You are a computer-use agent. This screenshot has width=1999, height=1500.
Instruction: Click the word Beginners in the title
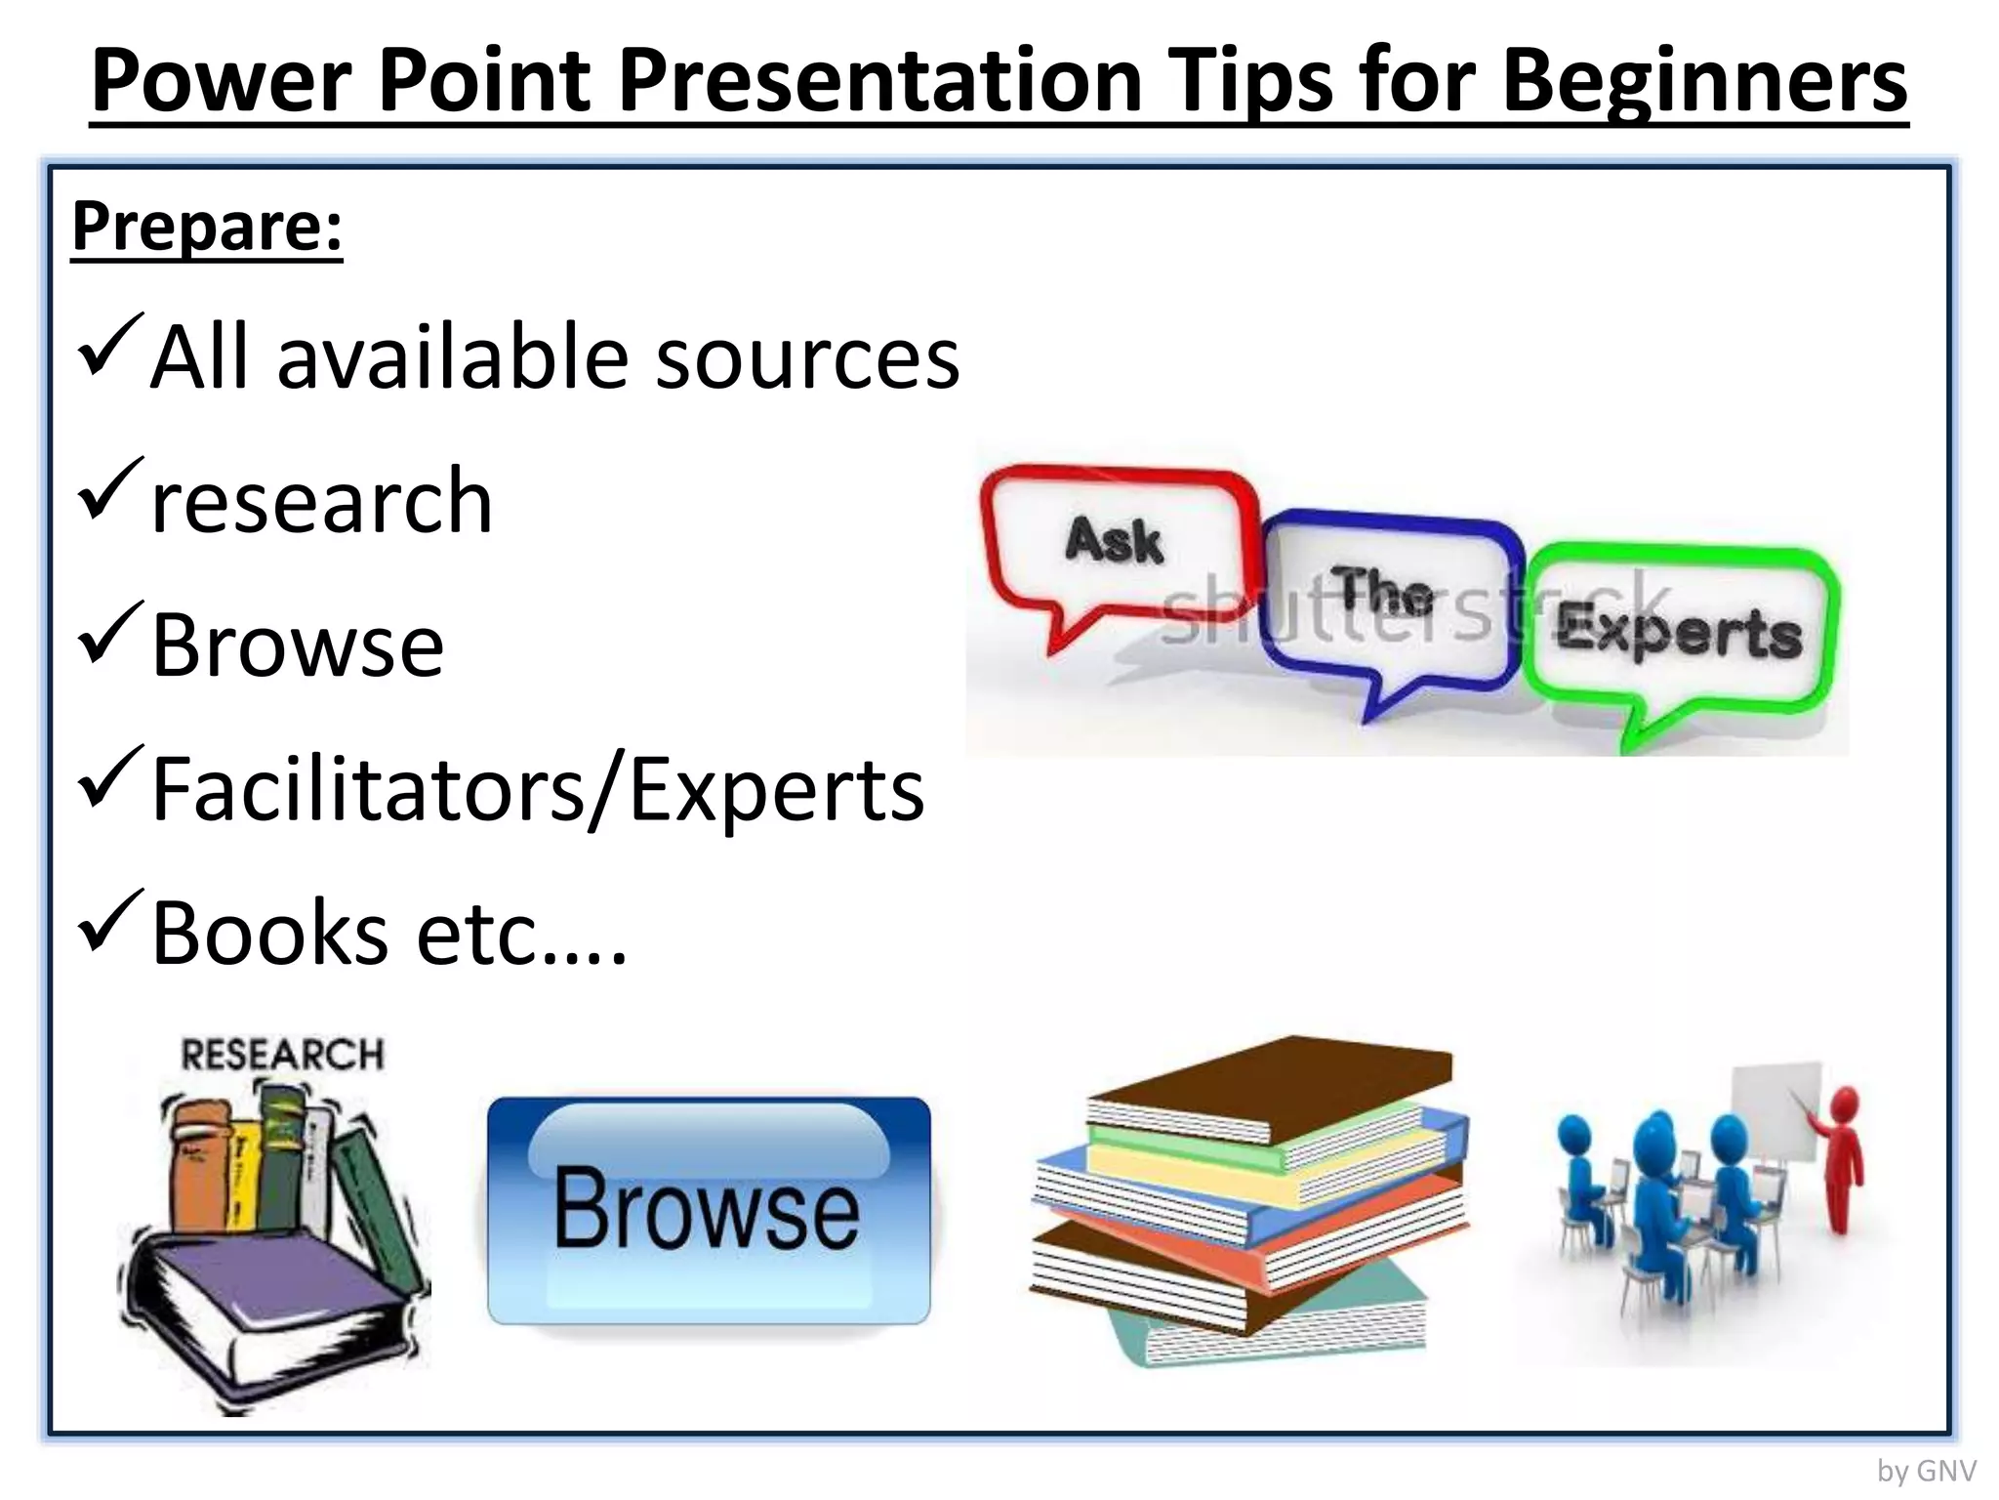1704,82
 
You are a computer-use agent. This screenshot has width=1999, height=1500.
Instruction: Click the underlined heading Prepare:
207,227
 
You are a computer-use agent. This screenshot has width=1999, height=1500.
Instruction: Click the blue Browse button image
709,1211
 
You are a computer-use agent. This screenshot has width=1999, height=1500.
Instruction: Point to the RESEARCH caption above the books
283,1055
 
